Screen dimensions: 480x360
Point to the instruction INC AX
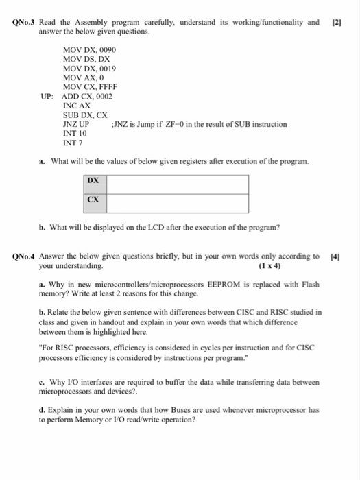tap(76, 106)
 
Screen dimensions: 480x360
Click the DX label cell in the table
tap(94, 180)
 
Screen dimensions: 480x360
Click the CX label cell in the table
tap(94, 200)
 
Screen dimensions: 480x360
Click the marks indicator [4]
tap(335, 256)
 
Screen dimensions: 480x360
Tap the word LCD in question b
tap(171, 228)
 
